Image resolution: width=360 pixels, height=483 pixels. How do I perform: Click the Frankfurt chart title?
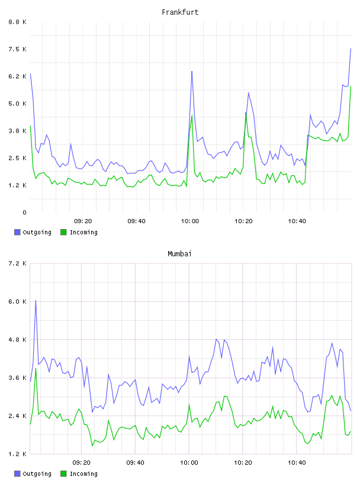180,12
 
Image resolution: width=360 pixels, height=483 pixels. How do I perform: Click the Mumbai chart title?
179,254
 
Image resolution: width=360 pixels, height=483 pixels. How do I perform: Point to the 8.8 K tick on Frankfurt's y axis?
17,22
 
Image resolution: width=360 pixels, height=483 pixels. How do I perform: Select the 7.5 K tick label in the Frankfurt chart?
17,49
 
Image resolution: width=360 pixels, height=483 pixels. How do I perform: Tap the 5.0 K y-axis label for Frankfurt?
17,104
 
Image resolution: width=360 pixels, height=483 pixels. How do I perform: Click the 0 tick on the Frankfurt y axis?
24,212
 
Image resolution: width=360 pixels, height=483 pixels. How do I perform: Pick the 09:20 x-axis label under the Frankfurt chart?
83,221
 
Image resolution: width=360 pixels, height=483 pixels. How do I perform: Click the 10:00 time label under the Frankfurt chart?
190,221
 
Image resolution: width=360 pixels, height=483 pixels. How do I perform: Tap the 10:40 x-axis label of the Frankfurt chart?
297,221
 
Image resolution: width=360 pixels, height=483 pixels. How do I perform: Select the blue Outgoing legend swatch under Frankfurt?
17,232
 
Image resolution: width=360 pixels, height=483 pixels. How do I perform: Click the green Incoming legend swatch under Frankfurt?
63,232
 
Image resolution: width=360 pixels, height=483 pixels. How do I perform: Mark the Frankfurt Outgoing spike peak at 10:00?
192,72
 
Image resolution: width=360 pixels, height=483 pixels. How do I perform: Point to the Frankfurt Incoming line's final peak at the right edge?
351,86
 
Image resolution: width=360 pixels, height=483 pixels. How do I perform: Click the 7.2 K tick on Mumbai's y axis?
17,263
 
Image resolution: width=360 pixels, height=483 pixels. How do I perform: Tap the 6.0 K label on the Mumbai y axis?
17,302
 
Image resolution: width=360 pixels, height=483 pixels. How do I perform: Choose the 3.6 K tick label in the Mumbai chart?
17,378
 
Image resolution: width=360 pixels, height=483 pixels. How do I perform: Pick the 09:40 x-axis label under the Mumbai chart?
136,463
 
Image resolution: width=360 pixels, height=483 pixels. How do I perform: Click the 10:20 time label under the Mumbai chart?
243,463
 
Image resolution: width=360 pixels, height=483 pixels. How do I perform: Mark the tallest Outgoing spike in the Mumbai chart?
36,300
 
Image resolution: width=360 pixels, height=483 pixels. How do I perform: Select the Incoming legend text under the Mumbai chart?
83,474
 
